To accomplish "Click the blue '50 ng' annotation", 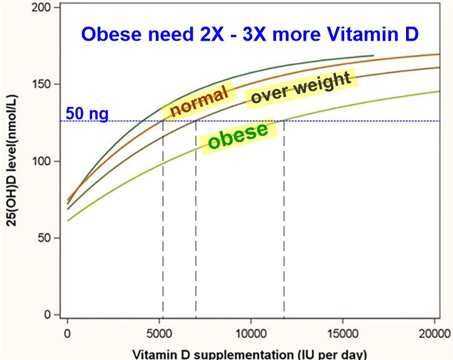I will (x=87, y=114).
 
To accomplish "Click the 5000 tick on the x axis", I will (x=159, y=332).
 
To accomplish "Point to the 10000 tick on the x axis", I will (x=250, y=332).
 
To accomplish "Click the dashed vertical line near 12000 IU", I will (x=284, y=219).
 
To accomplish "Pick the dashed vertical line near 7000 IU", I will (x=196, y=219).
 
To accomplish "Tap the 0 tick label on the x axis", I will (x=68, y=332).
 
